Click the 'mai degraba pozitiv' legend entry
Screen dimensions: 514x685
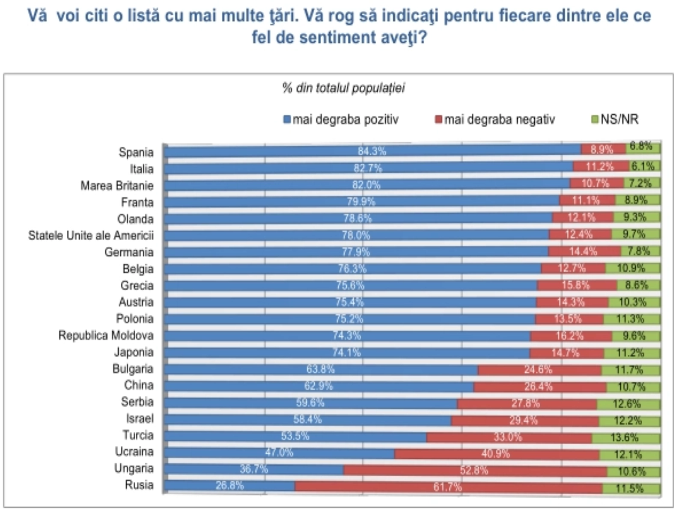[341, 120]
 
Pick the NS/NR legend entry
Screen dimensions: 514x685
[615, 120]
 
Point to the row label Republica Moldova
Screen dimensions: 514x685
[106, 335]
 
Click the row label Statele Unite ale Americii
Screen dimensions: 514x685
[91, 236]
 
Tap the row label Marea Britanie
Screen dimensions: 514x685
[117, 185]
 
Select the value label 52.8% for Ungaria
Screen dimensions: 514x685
[474, 470]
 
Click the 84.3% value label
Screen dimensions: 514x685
[372, 151]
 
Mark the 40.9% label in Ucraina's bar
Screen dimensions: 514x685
[495, 453]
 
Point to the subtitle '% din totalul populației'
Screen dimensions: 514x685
[343, 88]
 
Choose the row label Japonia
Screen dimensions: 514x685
[134, 352]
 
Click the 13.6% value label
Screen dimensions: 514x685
[625, 437]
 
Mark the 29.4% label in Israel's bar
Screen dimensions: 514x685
[523, 420]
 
